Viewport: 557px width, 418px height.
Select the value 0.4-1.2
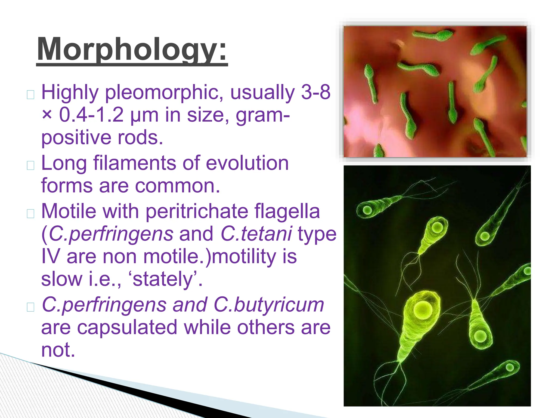point(91,115)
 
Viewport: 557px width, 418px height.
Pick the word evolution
point(247,163)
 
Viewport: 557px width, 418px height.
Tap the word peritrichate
point(197,212)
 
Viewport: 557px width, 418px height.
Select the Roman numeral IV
point(50,257)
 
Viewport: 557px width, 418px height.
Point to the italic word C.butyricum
point(269,305)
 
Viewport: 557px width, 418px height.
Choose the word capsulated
point(127,328)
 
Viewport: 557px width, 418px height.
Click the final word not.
point(58,350)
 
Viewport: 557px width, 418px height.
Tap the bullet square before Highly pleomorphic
point(30,95)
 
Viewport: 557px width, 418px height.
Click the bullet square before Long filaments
point(30,165)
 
